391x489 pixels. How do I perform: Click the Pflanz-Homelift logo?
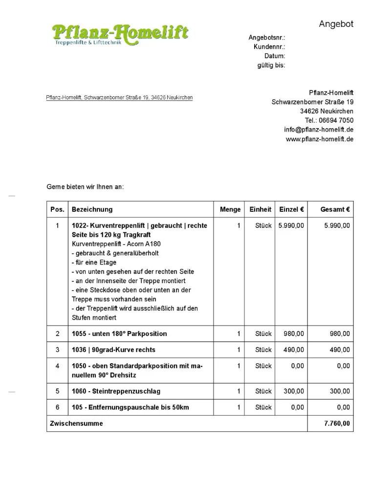pos(120,34)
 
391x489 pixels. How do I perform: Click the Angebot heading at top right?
pos(336,24)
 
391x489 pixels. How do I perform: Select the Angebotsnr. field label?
pos(267,38)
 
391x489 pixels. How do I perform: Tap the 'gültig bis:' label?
pos(271,65)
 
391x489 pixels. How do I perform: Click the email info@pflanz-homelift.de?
pos(319,130)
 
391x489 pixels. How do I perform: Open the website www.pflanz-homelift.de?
pos(319,139)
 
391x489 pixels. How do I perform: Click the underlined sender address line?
pos(119,98)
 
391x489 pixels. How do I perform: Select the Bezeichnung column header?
pos(92,209)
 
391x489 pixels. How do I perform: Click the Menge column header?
pos(230,209)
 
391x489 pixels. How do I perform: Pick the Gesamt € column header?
pos(335,209)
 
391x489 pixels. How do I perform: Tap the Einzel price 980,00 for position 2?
pos(293,333)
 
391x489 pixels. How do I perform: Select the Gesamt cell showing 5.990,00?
pos(337,225)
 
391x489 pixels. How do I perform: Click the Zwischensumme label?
pos(76,423)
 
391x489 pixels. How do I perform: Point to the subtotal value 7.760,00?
pos(337,423)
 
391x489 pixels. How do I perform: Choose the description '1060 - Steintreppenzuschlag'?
pos(116,391)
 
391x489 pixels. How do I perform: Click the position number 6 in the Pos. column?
pos(57,407)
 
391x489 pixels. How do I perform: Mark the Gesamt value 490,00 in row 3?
pos(339,350)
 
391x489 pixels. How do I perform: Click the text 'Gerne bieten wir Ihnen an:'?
pos(85,187)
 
